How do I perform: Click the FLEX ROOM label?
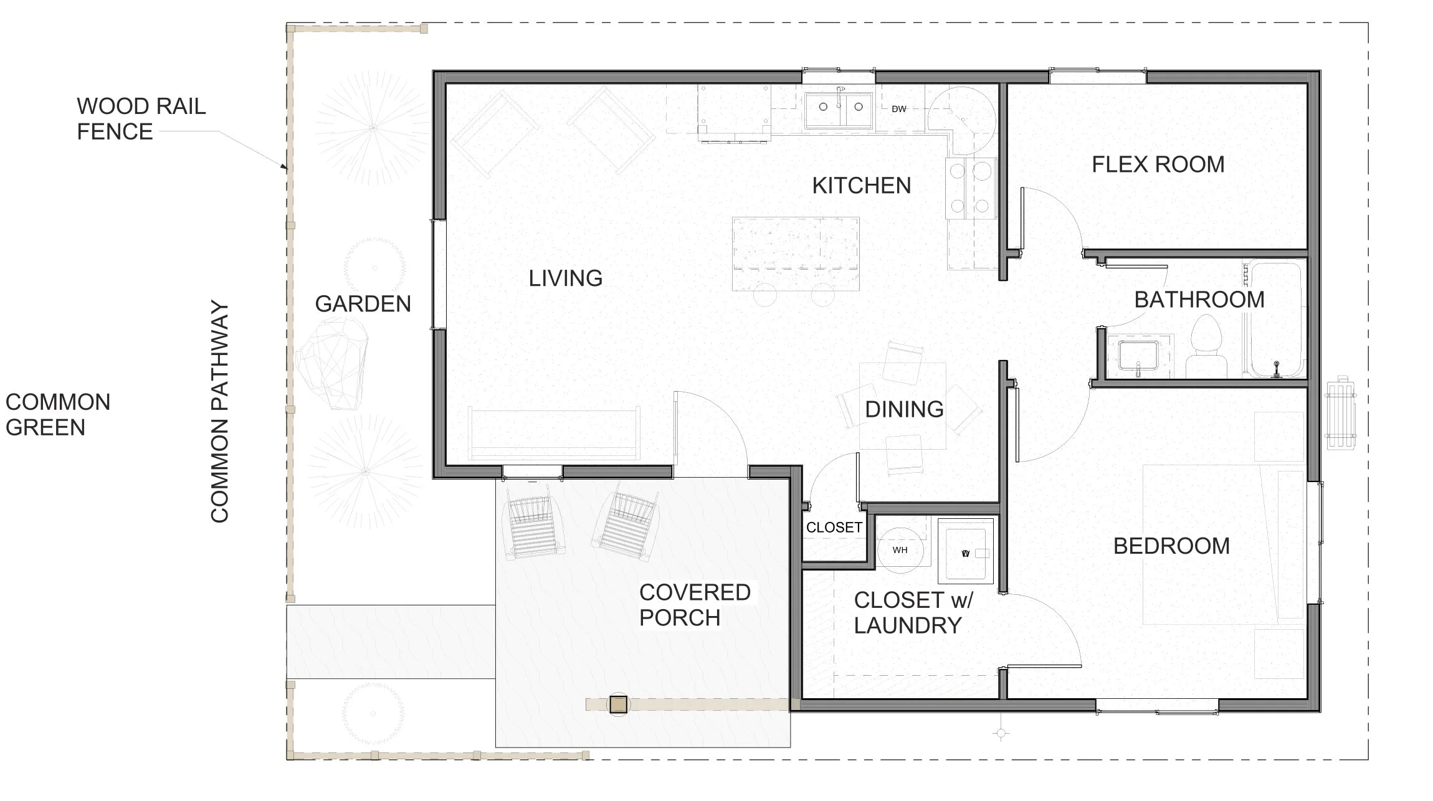(x=1158, y=164)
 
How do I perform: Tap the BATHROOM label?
(x=1199, y=300)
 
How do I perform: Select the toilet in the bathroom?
(x=1206, y=346)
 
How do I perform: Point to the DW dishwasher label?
(x=898, y=109)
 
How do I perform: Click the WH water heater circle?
(x=900, y=550)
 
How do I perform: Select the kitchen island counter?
(x=796, y=254)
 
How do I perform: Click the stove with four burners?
(x=970, y=188)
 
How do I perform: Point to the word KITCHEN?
(x=862, y=186)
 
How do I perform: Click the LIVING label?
(x=566, y=278)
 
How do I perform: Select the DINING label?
(x=904, y=409)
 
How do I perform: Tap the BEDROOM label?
(x=1171, y=546)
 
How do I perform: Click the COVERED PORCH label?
(x=695, y=605)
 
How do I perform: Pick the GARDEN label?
(x=363, y=304)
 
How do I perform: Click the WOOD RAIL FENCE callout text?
(x=141, y=119)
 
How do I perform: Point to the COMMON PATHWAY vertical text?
(x=219, y=412)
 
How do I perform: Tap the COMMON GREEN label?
(x=58, y=415)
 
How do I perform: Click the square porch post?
(x=618, y=704)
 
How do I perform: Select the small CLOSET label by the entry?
(x=834, y=528)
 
